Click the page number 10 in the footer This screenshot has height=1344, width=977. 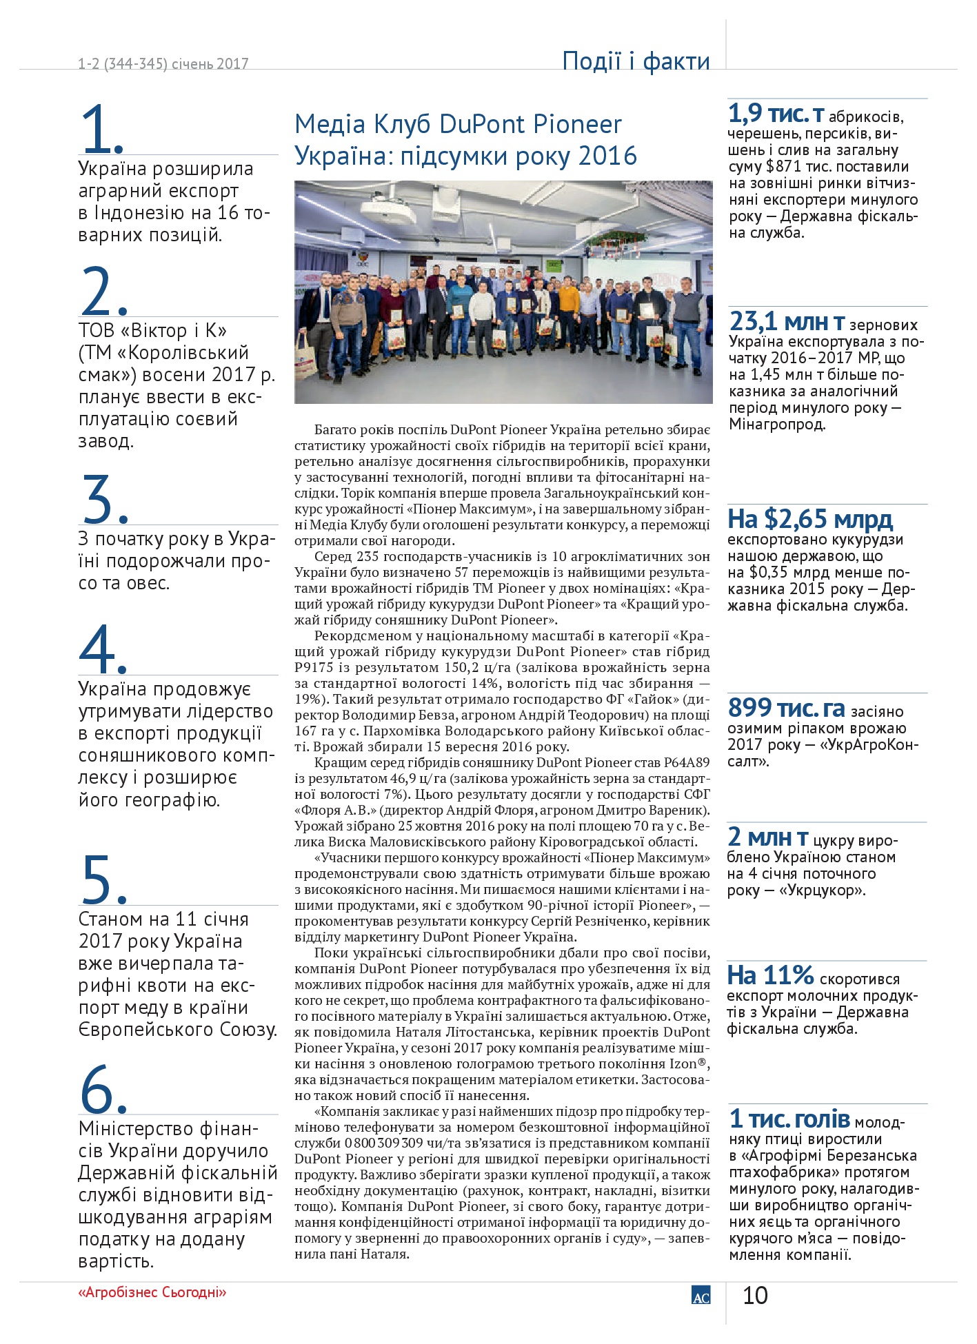pyautogui.click(x=755, y=1296)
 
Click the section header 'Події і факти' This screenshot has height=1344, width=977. pyautogui.click(x=636, y=61)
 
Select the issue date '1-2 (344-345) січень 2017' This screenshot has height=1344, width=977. pyautogui.click(x=163, y=64)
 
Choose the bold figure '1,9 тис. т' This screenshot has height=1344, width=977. pyautogui.click(x=776, y=114)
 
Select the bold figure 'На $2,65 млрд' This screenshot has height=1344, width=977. pyautogui.click(x=810, y=519)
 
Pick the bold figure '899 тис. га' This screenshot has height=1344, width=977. pyautogui.click(x=786, y=708)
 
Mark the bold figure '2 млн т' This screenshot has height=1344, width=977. pyautogui.click(x=768, y=837)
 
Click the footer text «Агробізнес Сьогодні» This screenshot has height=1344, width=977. pyautogui.click(x=152, y=1292)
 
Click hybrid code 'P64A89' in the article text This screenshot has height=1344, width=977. pyautogui.click(x=686, y=762)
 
